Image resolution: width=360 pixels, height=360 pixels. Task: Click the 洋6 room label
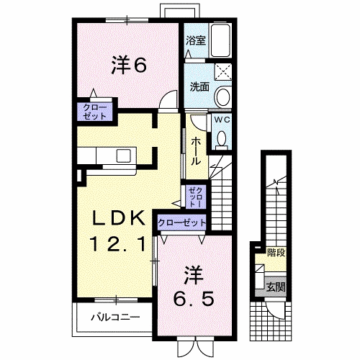(129, 65)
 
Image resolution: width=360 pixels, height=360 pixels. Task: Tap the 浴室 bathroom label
(196, 41)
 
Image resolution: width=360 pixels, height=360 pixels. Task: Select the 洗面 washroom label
(199, 87)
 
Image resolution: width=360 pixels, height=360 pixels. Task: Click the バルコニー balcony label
(114, 316)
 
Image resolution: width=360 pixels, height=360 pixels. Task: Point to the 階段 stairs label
(275, 253)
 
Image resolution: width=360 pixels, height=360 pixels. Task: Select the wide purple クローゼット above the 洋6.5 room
(182, 223)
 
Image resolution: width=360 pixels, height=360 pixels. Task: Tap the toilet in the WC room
(222, 138)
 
